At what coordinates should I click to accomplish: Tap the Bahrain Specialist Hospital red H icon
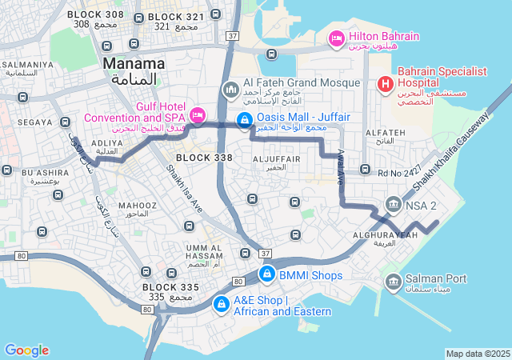point(385,83)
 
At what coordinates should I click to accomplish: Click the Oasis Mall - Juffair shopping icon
point(244,120)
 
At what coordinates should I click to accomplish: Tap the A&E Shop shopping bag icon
point(220,304)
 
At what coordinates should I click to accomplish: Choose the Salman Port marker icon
point(393,281)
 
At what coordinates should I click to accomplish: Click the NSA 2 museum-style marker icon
point(393,205)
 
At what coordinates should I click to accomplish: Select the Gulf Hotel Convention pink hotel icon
point(196,113)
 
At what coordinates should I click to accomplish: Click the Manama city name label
point(134,62)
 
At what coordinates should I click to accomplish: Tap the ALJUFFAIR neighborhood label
point(276,159)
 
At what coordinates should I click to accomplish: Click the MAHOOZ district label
point(138,206)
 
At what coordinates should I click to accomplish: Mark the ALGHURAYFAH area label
point(384,235)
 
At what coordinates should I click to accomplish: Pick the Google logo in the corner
point(26,350)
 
